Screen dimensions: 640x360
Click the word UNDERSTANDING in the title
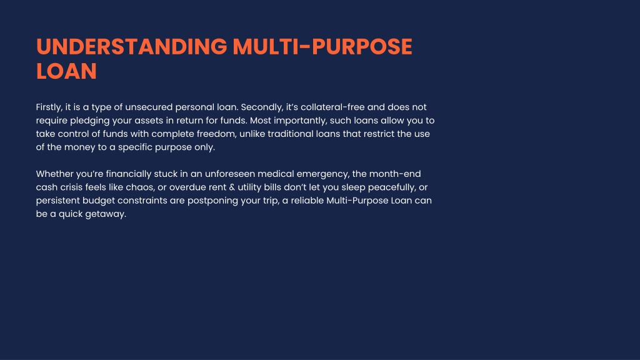(131, 46)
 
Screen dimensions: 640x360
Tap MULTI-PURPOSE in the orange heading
(322, 46)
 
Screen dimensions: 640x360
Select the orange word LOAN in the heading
(66, 71)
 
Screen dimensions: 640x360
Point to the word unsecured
(149, 107)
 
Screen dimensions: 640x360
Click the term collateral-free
(332, 107)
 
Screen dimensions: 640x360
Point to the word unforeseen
(229, 174)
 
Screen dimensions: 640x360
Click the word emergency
(323, 174)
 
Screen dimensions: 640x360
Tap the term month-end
(395, 174)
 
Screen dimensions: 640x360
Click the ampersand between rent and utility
(232, 187)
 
